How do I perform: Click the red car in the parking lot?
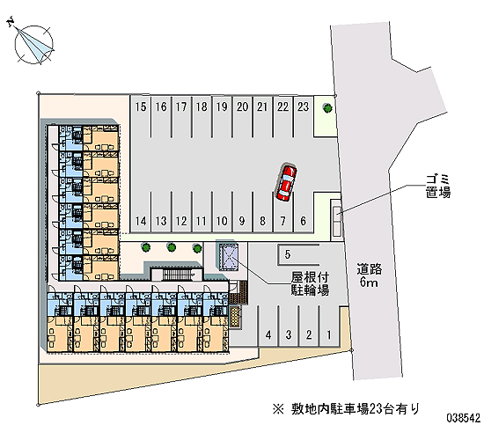[286, 183]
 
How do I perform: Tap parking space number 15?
[141, 116]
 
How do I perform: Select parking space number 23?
[304, 116]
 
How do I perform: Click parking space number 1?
[329, 326]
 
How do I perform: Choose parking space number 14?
[141, 212]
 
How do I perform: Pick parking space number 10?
[222, 212]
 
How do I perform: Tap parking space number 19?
[222, 116]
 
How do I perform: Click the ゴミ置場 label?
[438, 187]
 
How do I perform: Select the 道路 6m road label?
[370, 275]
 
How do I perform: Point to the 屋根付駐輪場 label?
[310, 284]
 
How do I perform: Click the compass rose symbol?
[33, 44]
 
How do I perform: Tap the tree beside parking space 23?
[327, 107]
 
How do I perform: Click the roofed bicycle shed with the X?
[230, 257]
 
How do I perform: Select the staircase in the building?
[177, 275]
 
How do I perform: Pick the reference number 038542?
[464, 418]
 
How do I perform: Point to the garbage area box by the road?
[337, 220]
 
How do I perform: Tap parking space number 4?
[268, 326]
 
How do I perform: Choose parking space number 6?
[304, 212]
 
